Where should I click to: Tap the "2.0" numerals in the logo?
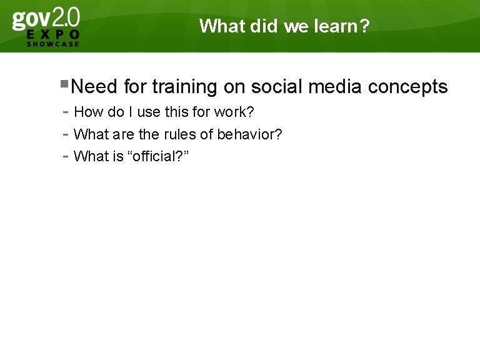67,17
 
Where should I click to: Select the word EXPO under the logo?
53,35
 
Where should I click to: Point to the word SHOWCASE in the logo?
53,44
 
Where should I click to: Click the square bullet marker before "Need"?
65,83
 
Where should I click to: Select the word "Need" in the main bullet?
94,87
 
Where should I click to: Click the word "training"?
184,87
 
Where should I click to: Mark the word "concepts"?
408,87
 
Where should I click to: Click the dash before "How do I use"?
66,113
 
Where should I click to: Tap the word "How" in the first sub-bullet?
86,112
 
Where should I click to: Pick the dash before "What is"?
66,157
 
